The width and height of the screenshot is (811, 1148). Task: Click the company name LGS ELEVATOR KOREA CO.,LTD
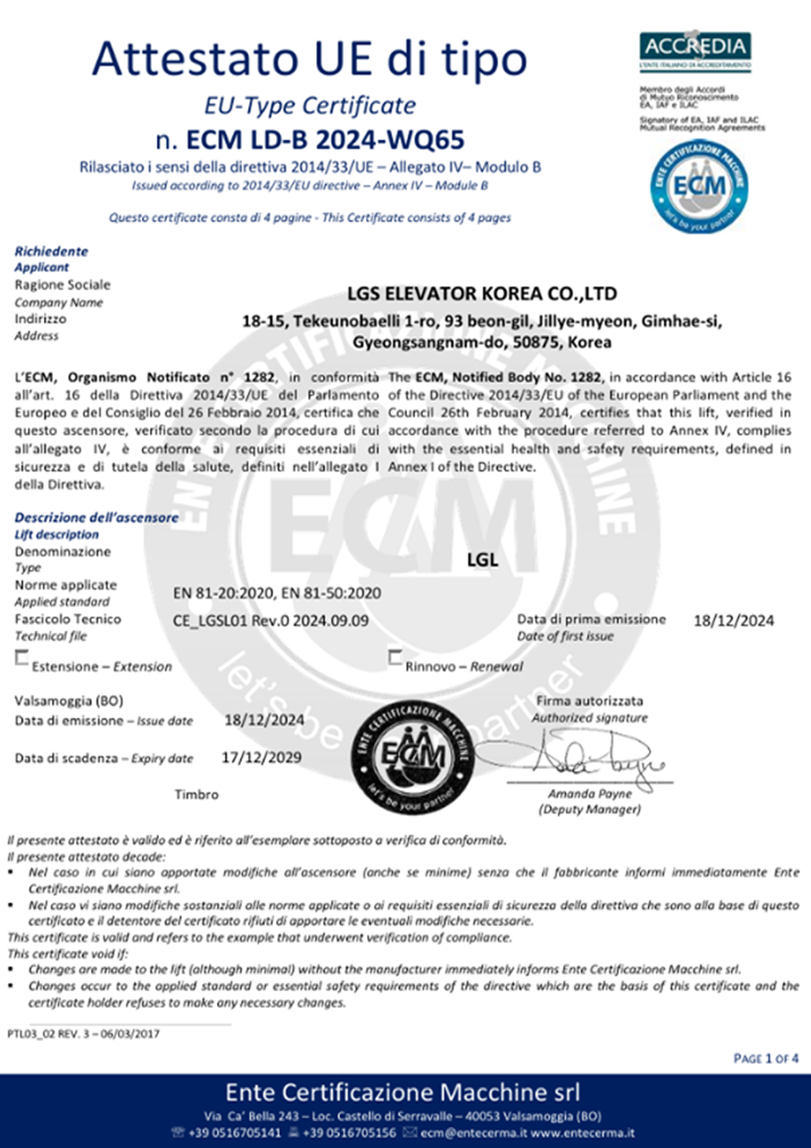[x=481, y=294]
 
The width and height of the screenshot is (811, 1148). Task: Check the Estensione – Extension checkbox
[x=22, y=657]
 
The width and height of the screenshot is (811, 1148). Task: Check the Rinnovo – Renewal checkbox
[x=395, y=657]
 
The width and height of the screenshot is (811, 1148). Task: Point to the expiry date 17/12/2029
[x=262, y=758]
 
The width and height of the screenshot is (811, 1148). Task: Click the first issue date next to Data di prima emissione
[x=733, y=620]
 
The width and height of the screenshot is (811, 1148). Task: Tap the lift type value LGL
[x=483, y=560]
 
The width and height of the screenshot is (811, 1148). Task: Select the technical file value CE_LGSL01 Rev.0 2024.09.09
[x=271, y=620]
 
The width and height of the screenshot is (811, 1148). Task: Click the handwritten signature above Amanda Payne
[x=589, y=759]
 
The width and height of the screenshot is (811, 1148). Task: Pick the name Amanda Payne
[x=590, y=794]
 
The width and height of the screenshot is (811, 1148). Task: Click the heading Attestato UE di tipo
[x=309, y=59]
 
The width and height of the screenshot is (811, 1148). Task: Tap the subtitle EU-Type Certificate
[x=310, y=105]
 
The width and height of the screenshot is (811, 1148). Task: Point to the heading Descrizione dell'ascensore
[x=96, y=518]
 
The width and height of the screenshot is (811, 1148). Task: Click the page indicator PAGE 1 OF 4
[x=766, y=1058]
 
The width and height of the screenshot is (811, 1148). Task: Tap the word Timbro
[x=196, y=795]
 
